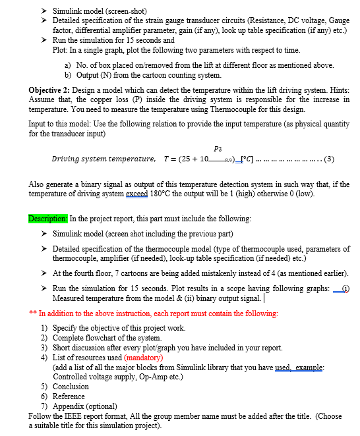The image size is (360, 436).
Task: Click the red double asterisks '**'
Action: [32, 313]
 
